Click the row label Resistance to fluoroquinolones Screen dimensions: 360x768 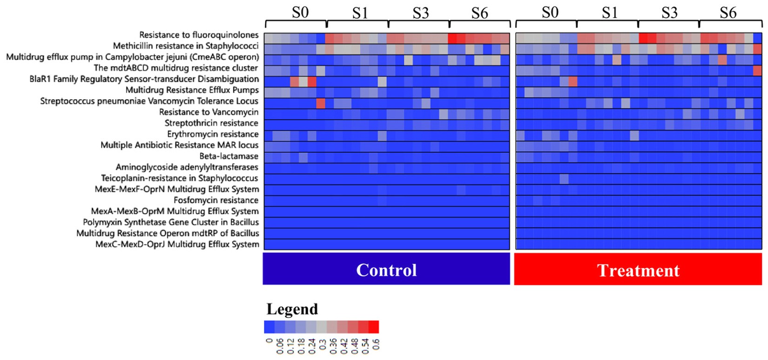[199, 35]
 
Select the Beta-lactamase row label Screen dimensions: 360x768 [229, 156]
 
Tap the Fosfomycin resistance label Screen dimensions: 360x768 [216, 200]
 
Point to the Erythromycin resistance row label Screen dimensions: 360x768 [213, 134]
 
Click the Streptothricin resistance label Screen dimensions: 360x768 [211, 123]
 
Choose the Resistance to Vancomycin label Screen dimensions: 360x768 [209, 112]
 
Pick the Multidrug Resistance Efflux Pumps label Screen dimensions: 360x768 [192, 90]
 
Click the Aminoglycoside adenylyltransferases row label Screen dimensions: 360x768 [187, 167]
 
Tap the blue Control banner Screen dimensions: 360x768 [386, 270]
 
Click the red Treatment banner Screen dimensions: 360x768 [638, 270]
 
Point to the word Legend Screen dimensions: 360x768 [292, 309]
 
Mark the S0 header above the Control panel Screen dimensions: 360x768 [300, 13]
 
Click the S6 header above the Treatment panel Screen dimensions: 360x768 [728, 13]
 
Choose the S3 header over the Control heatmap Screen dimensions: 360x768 [420, 13]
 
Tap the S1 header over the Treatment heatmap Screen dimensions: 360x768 [609, 13]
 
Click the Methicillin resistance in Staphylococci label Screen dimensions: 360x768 [186, 46]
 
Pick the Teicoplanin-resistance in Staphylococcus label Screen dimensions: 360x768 [180, 178]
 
